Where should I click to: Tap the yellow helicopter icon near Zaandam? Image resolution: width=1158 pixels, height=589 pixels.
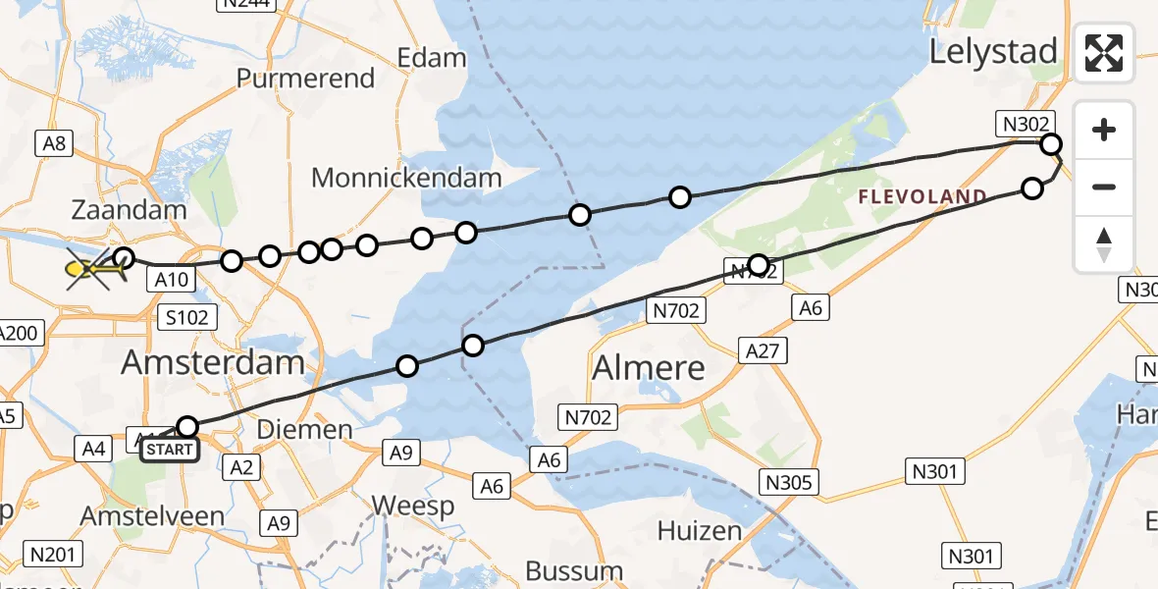(88, 268)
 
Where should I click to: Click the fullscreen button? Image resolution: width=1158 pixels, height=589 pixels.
(1104, 52)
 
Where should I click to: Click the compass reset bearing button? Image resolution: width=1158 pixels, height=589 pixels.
(1104, 244)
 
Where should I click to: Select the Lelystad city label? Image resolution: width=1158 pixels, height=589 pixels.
(993, 52)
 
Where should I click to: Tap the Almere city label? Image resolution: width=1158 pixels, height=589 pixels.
(649, 369)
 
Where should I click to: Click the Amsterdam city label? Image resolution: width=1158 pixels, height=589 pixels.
(212, 363)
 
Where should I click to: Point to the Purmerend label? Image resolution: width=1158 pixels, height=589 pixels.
(306, 79)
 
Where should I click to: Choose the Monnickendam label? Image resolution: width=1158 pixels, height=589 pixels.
(406, 179)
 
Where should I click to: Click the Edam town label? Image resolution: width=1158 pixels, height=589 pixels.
(431, 58)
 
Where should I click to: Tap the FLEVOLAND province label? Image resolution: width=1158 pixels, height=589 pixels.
(922, 197)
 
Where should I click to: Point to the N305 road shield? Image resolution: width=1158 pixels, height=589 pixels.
(788, 481)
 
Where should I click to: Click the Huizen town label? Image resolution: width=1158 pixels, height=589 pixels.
(699, 531)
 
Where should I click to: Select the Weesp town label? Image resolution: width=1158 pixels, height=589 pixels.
(413, 507)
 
